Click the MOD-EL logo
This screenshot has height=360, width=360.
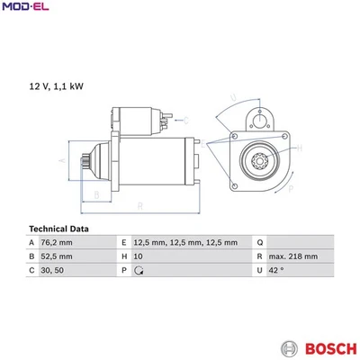point(26,6)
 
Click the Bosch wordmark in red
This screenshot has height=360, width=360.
point(331,349)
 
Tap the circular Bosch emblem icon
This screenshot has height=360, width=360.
point(290,349)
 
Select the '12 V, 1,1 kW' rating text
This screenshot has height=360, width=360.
point(56,86)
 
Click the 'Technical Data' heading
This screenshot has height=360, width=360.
point(58,229)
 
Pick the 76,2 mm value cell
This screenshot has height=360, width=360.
point(57,242)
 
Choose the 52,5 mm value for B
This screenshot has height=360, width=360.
point(57,256)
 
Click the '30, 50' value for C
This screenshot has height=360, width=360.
point(52,270)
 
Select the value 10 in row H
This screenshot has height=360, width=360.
point(139,256)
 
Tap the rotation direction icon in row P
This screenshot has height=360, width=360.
point(139,271)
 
